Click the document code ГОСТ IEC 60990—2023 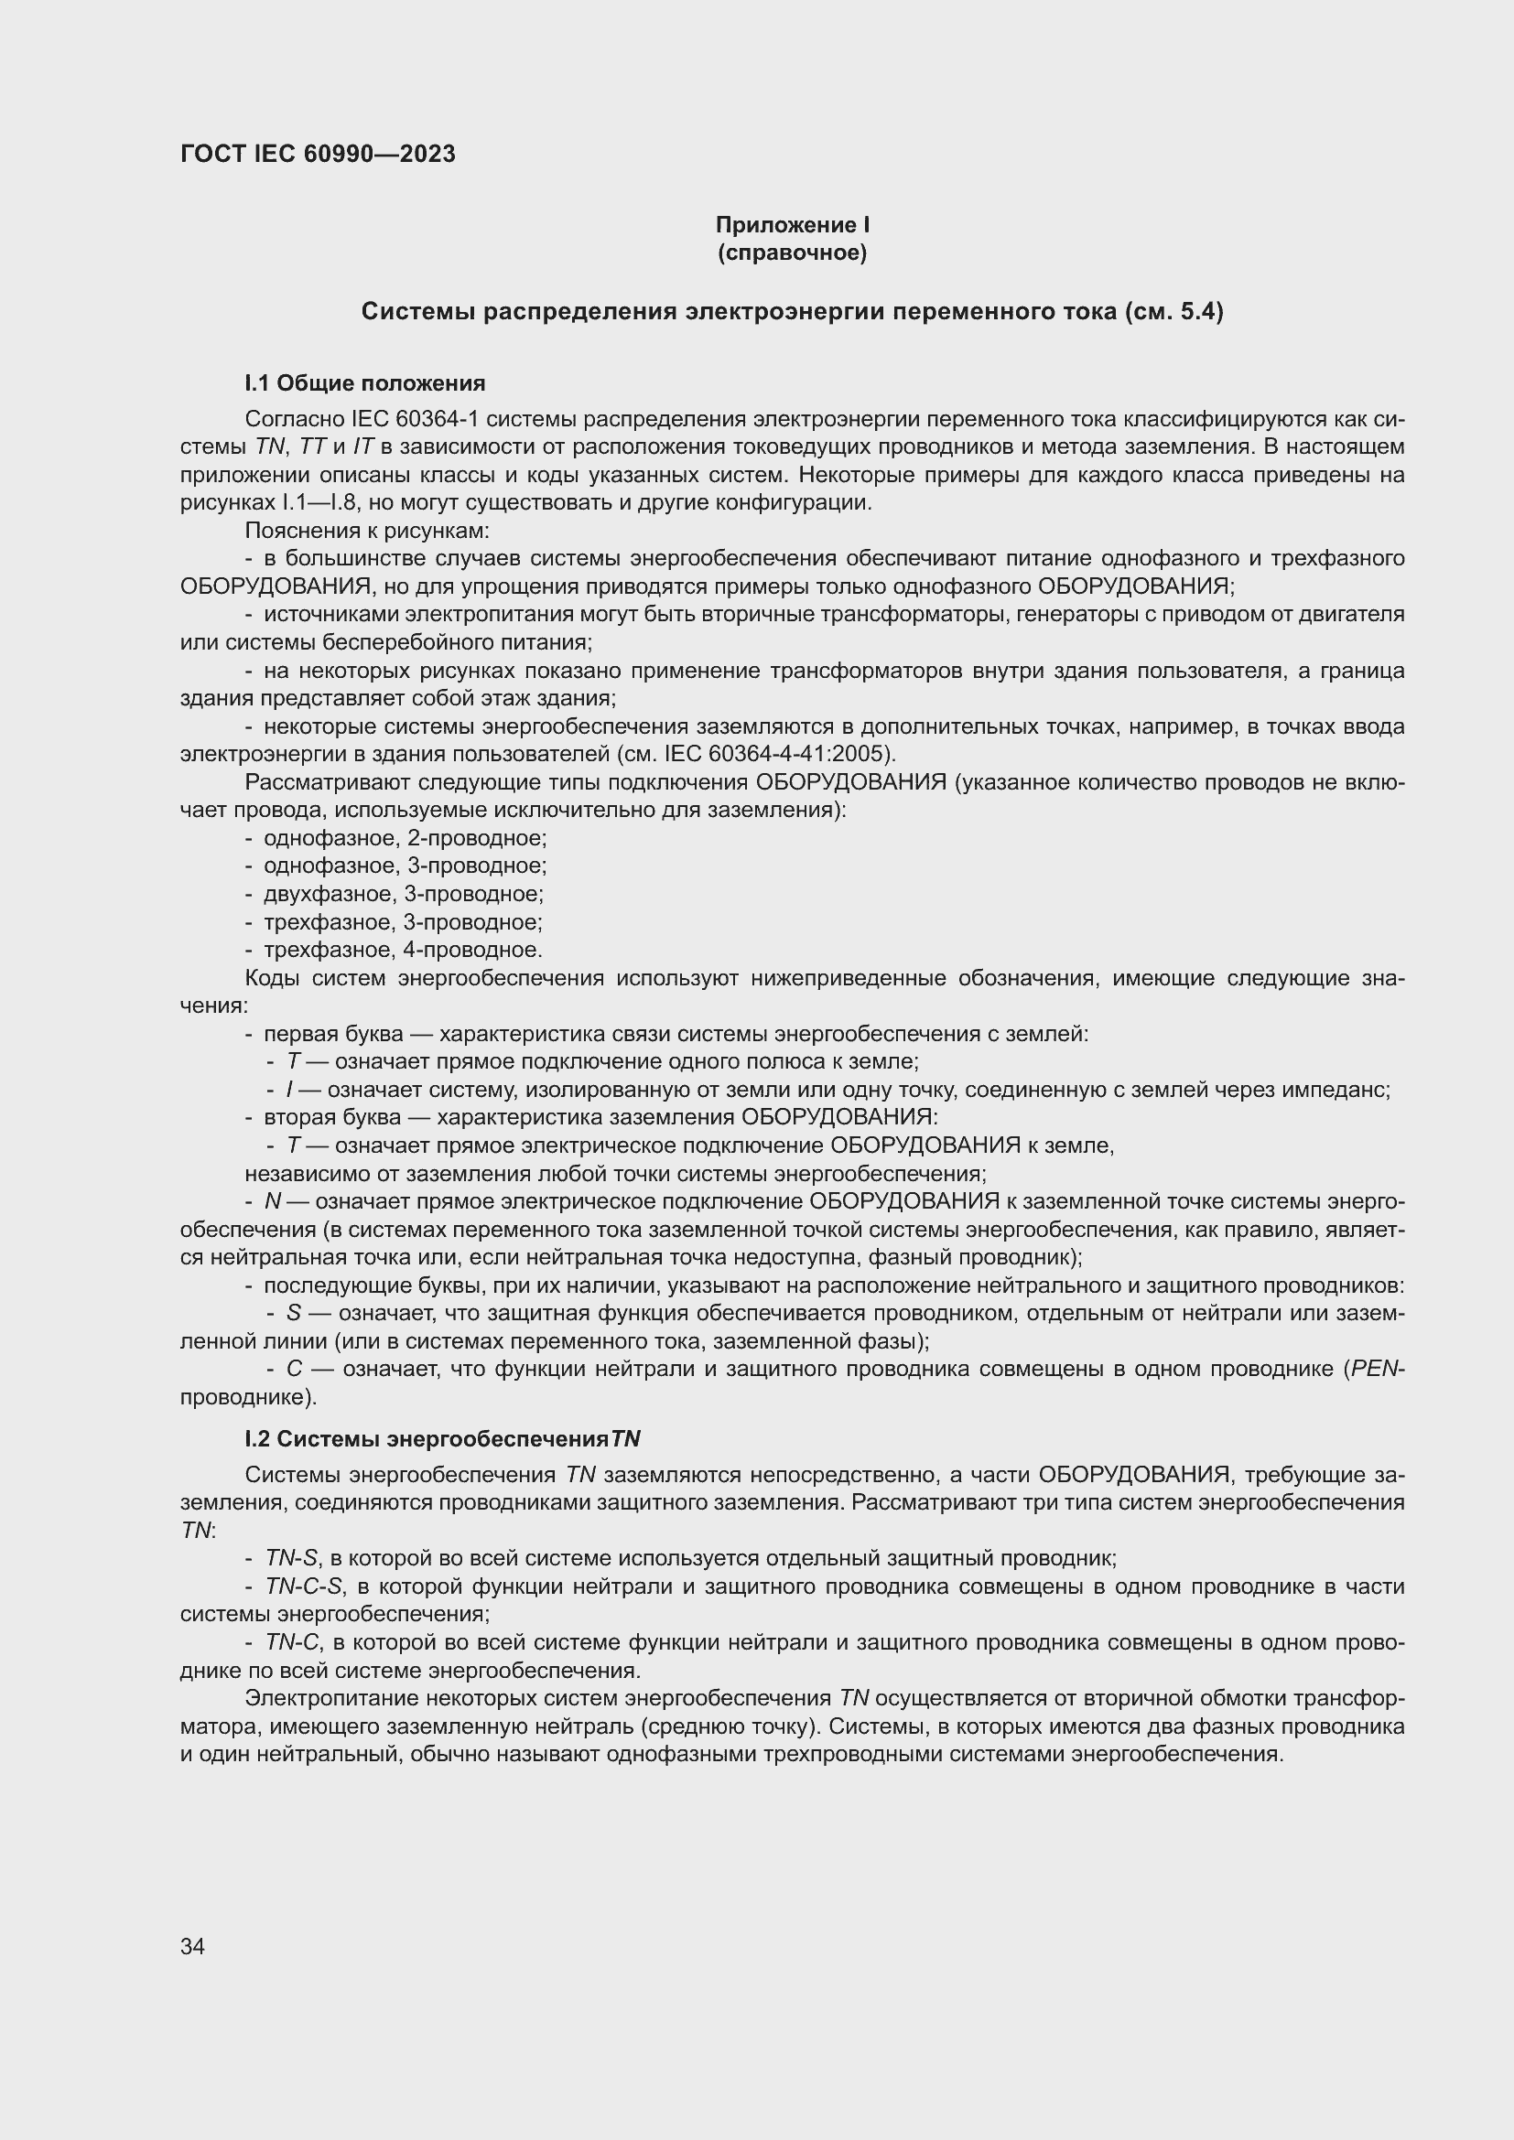pos(318,155)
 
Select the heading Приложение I pos(793,225)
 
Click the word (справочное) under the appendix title pos(793,253)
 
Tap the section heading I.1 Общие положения pos(364,383)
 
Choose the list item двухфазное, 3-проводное pos(403,894)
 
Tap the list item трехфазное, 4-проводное pos(403,950)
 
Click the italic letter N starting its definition pos(273,1201)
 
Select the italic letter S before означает pos(294,1313)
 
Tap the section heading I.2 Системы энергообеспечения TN pos(443,1439)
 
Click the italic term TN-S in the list pos(292,1558)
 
